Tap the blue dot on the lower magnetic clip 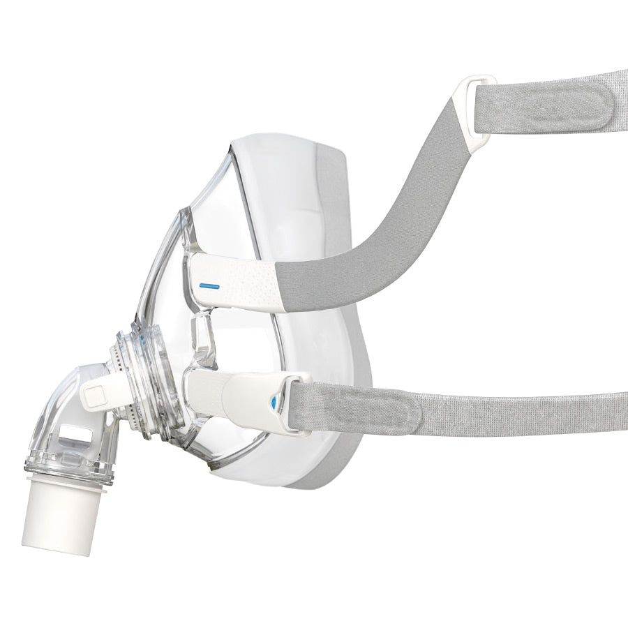(x=274, y=403)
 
